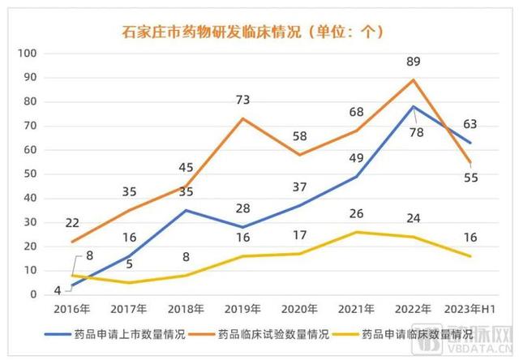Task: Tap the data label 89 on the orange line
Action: tap(414, 62)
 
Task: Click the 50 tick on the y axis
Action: tap(32, 174)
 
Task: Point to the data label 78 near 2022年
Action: tap(416, 132)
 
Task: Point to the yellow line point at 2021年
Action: tap(357, 232)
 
